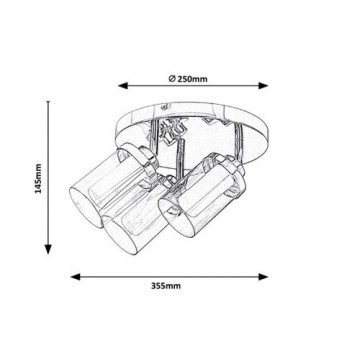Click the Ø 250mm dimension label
[x=188, y=79]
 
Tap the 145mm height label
[x=39, y=178]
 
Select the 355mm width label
[x=166, y=286]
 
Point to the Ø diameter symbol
[x=172, y=79]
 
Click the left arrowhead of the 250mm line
[x=123, y=86]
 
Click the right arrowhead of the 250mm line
[x=263, y=86]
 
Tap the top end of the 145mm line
[x=48, y=101]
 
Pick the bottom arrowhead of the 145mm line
[x=48, y=249]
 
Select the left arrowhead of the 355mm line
[x=75, y=277]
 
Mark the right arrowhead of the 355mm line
[x=263, y=277]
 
